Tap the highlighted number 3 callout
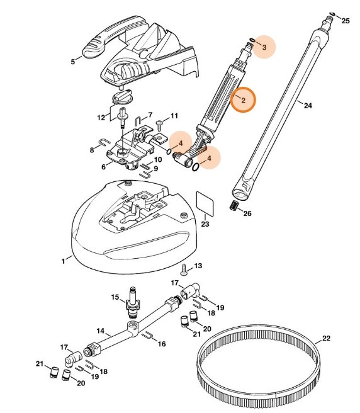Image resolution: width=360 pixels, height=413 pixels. [264, 47]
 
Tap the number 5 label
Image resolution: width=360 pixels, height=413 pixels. [73, 62]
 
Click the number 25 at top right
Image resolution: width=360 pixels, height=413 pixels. [344, 21]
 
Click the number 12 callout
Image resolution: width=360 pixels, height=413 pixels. [101, 118]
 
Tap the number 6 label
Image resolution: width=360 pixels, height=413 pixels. [103, 167]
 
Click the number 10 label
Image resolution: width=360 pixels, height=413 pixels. [158, 160]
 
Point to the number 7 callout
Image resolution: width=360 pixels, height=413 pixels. [150, 115]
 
